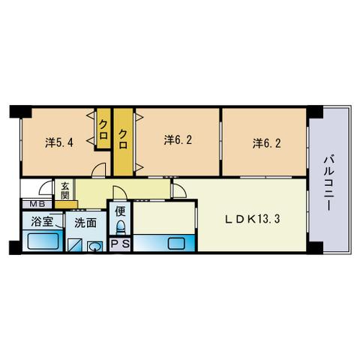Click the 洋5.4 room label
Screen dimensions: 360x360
59,142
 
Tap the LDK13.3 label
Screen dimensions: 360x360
252,219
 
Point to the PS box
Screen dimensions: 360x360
120,244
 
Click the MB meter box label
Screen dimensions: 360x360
37,204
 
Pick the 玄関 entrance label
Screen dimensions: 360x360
64,190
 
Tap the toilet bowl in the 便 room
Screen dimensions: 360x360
121,228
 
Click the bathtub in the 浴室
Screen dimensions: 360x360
43,241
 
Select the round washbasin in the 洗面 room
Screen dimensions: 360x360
95,247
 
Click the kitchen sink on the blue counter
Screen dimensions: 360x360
176,244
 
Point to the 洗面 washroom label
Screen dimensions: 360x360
85,223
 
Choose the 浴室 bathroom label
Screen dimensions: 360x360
42,221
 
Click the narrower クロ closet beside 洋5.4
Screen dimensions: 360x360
103,129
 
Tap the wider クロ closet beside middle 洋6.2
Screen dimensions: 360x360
123,142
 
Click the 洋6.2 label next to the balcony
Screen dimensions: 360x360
266,143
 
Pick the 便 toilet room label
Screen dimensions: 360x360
120,211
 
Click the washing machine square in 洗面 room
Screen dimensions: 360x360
75,245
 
